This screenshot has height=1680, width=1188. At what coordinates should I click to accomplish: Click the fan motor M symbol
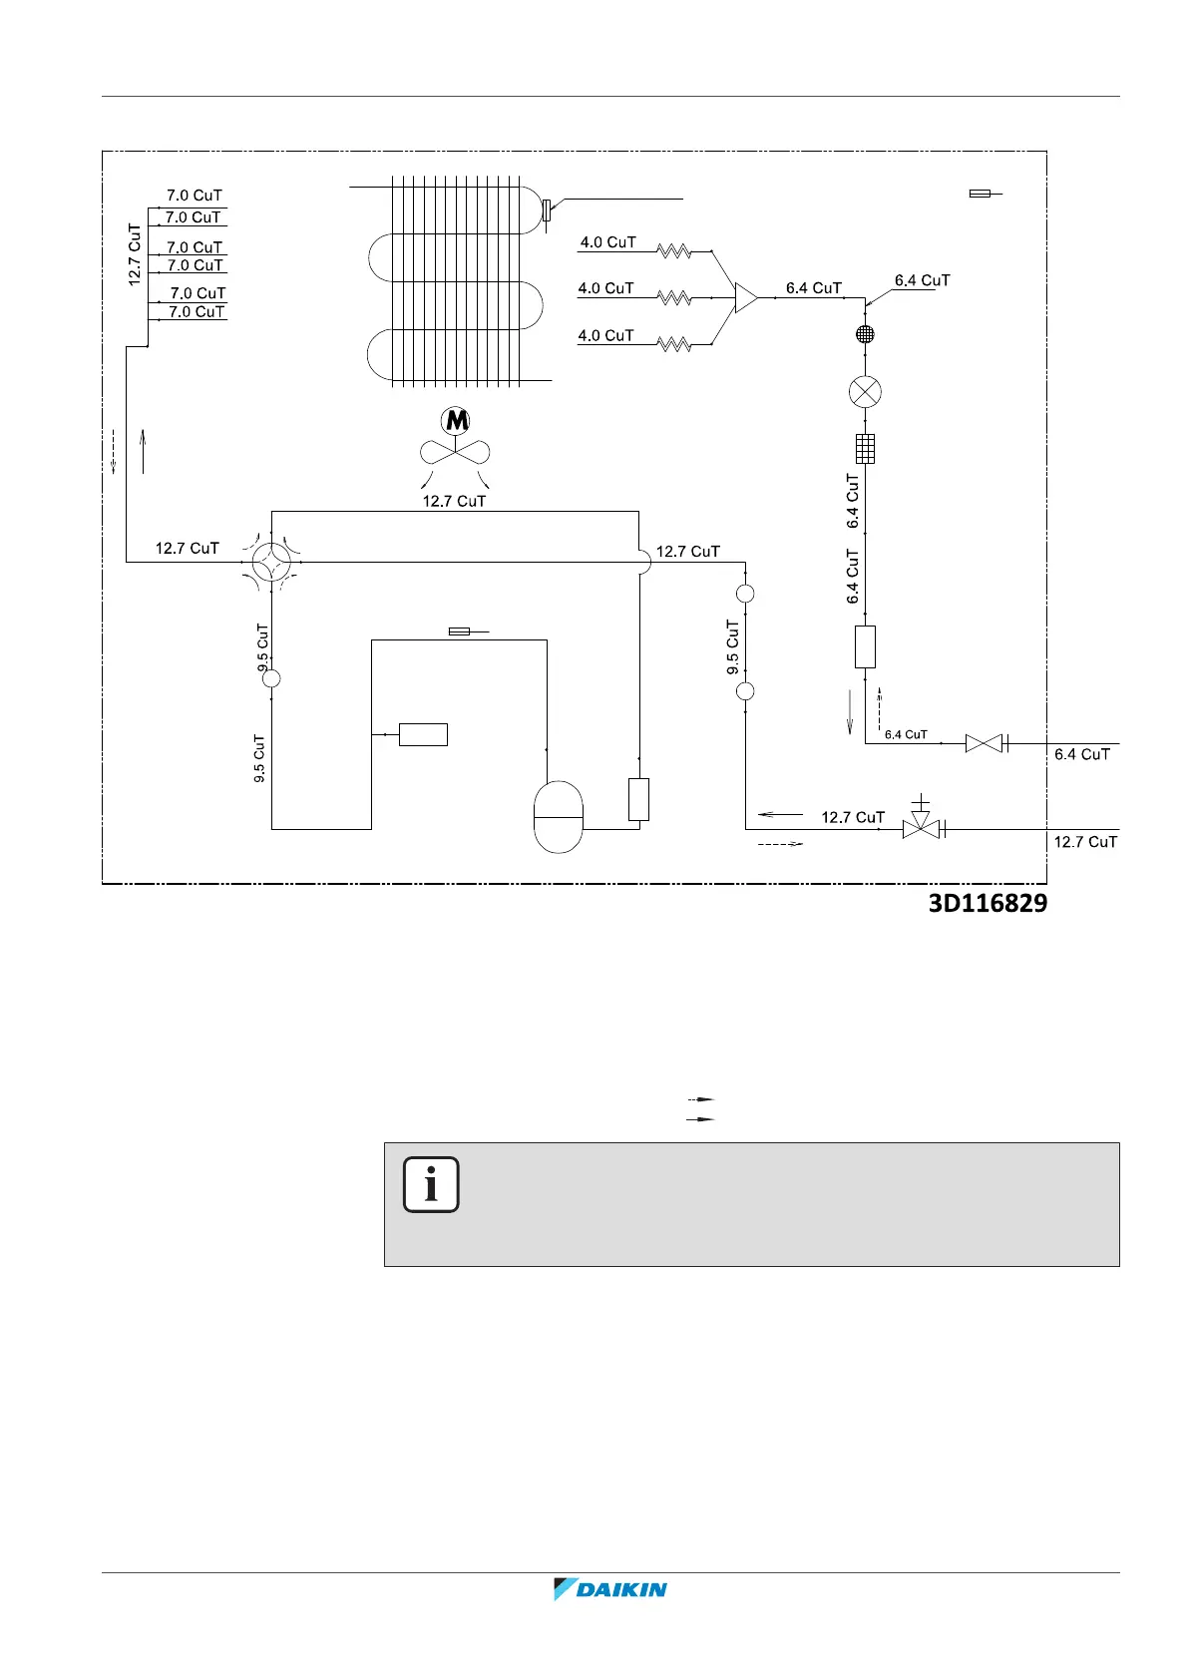click(x=457, y=420)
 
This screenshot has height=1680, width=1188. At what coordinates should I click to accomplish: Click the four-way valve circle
click(x=270, y=563)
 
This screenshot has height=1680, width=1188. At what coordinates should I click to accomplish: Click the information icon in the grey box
click(x=431, y=1185)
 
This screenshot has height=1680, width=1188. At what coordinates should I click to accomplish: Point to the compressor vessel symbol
click(x=559, y=817)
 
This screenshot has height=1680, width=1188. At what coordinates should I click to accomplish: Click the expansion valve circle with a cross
click(x=865, y=391)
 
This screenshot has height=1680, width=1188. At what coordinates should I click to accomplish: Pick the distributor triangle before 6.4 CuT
click(x=745, y=297)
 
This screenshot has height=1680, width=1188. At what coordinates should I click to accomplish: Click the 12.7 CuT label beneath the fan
click(x=454, y=501)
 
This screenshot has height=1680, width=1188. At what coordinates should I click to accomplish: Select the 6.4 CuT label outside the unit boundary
click(x=1082, y=754)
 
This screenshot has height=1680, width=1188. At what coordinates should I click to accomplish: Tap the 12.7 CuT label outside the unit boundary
click(x=1085, y=842)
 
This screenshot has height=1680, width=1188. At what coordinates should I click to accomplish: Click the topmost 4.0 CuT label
click(x=607, y=242)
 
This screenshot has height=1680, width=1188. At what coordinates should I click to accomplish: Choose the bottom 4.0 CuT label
click(x=605, y=336)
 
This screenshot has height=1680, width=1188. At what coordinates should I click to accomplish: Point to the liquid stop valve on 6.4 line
click(x=984, y=743)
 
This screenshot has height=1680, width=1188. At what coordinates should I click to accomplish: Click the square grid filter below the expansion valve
click(x=865, y=449)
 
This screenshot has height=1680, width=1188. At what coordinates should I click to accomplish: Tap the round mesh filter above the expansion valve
click(x=865, y=334)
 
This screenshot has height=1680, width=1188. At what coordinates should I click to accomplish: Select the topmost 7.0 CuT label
click(x=194, y=196)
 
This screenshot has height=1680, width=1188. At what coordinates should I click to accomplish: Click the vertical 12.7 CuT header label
click(x=135, y=255)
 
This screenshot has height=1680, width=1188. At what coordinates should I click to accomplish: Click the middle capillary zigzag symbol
click(x=674, y=298)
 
